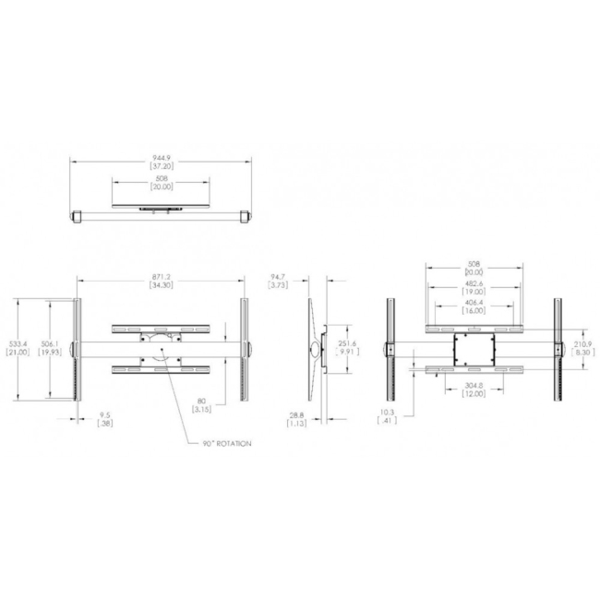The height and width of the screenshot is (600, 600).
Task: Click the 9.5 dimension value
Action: pos(106,414)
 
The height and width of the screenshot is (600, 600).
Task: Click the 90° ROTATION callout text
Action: pos(227,443)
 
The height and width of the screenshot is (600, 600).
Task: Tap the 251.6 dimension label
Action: pos(347,343)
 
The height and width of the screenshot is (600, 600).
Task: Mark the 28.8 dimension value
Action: pos(295,415)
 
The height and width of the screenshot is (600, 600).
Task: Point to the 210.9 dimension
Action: pos(583,344)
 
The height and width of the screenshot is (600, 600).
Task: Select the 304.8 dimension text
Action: pos(474,388)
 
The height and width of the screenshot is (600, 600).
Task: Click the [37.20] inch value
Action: pos(161,167)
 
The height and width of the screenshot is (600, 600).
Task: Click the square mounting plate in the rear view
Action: pos(474,349)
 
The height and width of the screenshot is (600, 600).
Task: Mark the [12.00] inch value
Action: pos(474,396)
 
